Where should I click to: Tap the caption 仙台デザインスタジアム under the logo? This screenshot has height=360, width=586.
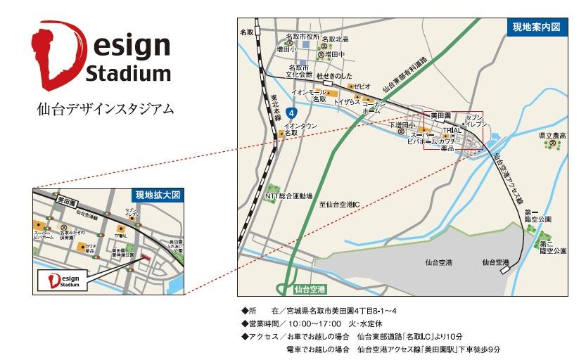coord(105,110)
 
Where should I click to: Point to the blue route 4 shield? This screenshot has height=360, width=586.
coord(301,111)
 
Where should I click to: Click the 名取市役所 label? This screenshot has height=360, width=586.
coord(303,37)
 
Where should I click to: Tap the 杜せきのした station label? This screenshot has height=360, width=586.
coord(334,75)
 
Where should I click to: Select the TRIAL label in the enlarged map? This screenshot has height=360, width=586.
coord(122,236)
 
